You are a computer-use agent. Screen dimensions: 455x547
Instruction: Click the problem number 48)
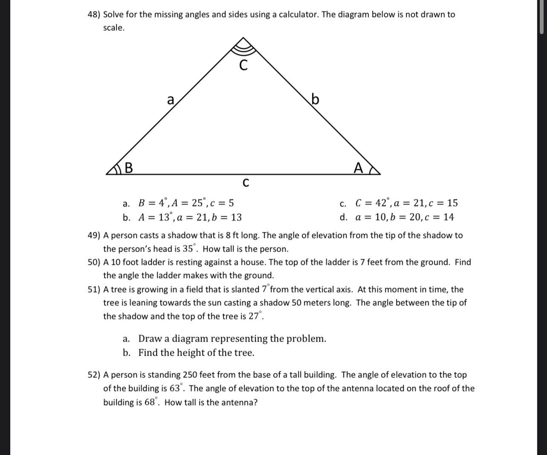pyautogui.click(x=94, y=14)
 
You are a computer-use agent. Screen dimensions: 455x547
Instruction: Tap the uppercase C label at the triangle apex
pyautogui.click(x=243, y=66)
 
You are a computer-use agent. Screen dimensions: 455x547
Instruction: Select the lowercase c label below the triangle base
pyautogui.click(x=245, y=183)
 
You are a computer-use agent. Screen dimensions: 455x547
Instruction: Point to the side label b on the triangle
pyautogui.click(x=315, y=99)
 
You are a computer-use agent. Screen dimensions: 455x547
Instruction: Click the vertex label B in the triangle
pyautogui.click(x=128, y=168)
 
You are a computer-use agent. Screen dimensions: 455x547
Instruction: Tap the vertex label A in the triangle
pyautogui.click(x=359, y=168)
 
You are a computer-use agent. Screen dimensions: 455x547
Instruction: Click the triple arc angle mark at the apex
pyautogui.click(x=243, y=46)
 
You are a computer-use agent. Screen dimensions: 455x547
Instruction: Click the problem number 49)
pyautogui.click(x=94, y=235)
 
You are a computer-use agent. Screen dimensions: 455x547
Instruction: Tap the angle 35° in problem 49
pyautogui.click(x=190, y=249)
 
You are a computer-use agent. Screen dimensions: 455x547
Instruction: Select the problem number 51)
pyautogui.click(x=94, y=290)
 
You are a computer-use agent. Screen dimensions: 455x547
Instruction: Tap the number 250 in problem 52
pyautogui.click(x=191, y=375)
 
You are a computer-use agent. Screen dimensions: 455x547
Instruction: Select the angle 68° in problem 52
pyautogui.click(x=152, y=402)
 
